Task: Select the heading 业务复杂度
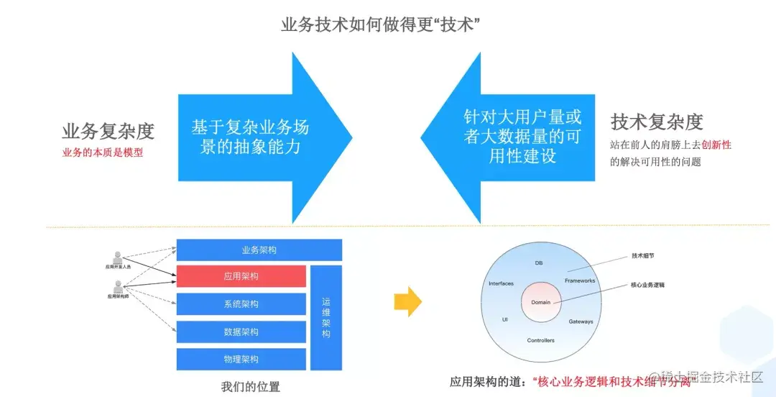[x=108, y=131]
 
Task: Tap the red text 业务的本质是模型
[x=103, y=152]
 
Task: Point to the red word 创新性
[x=716, y=145]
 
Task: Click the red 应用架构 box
[x=241, y=277]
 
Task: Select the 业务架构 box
[x=259, y=250]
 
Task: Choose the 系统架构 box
[x=241, y=304]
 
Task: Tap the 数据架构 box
[x=241, y=332]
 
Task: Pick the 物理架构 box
[x=241, y=359]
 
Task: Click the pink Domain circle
[x=540, y=302]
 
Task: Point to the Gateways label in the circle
[x=581, y=321]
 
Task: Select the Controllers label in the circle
[x=540, y=340]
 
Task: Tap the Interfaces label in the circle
[x=501, y=283]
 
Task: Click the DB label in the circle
[x=539, y=263]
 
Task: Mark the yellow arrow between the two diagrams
[x=408, y=301]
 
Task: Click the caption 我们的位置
[x=251, y=387]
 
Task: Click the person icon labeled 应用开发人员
[x=118, y=257]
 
